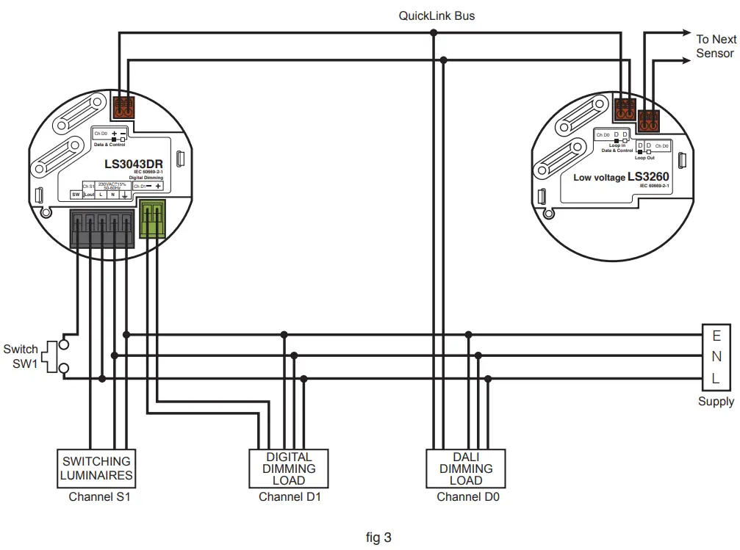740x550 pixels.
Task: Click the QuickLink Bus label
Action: point(437,15)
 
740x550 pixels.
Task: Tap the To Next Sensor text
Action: point(715,46)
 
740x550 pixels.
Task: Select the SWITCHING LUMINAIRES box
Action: point(96,468)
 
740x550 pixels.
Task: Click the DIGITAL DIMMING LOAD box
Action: point(289,468)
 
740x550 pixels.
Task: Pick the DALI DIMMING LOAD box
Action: point(465,468)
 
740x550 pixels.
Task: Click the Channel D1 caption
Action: point(289,497)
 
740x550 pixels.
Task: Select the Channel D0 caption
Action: point(467,497)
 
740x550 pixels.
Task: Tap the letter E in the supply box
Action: point(716,336)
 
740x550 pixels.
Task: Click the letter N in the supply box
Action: point(716,358)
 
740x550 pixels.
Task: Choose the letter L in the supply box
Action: point(716,379)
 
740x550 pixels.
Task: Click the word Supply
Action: point(716,402)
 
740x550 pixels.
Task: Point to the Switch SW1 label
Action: point(20,356)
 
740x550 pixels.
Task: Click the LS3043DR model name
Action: point(133,164)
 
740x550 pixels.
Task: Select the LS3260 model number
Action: point(650,176)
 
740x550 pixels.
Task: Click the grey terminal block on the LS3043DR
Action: point(102,228)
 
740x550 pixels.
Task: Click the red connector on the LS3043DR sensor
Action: point(123,108)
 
